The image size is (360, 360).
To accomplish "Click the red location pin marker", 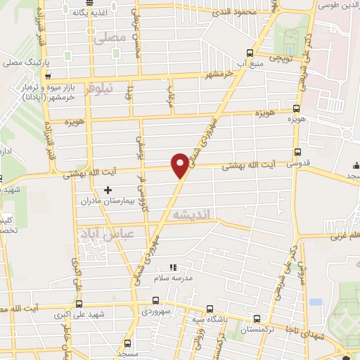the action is (x=180, y=165).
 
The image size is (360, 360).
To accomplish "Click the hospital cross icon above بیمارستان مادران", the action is (x=108, y=189).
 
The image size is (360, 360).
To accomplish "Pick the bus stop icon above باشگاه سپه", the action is (x=210, y=309).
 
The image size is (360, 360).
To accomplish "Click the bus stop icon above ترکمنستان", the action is (x=256, y=318).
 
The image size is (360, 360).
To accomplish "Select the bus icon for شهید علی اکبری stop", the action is (x=78, y=304).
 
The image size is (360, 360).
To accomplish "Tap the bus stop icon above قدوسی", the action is (x=297, y=153).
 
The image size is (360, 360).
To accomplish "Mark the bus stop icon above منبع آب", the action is (x=250, y=53).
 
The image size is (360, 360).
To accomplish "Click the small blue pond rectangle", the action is (x=316, y=302).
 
